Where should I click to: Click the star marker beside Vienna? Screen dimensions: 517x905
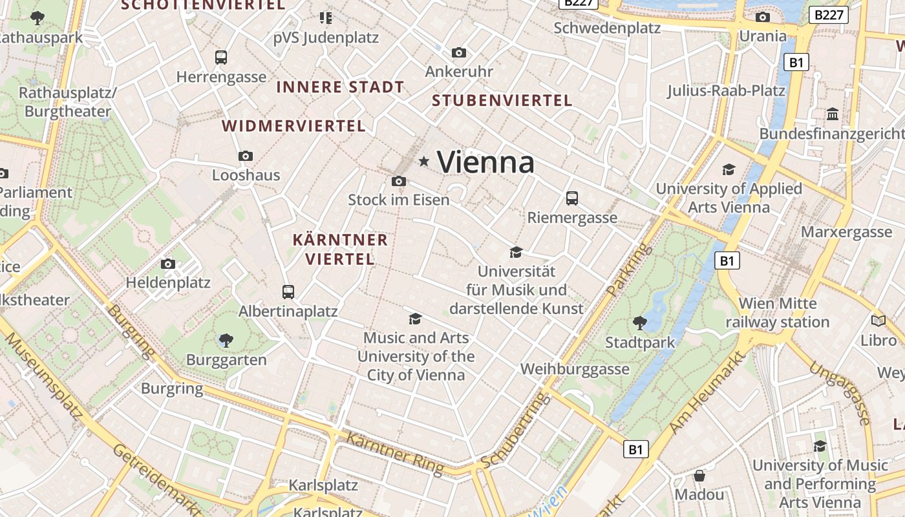[x=424, y=161]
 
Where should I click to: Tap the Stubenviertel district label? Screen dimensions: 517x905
[x=502, y=100]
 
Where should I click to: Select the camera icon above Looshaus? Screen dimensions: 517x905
[x=246, y=156]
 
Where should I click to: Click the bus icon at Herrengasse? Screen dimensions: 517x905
[x=221, y=57]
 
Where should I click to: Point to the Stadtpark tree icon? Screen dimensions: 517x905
[x=640, y=322]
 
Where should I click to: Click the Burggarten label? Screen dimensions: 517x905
[x=226, y=360]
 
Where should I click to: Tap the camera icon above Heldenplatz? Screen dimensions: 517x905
[x=168, y=264]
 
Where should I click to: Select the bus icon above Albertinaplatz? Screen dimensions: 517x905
[x=288, y=292]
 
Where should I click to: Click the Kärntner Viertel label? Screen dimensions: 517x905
[x=340, y=249]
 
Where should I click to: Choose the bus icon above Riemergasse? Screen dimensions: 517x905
[x=572, y=198]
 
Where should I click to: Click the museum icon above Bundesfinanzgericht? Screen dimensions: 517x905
[x=833, y=114]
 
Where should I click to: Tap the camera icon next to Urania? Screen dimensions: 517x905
[x=763, y=17]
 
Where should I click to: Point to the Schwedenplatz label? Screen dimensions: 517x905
[x=607, y=28]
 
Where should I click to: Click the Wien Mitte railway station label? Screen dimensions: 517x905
[x=777, y=313]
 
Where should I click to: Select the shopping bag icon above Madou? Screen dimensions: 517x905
[x=699, y=476]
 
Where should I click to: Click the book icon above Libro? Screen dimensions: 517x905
[x=878, y=321]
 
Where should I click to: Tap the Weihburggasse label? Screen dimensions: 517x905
[x=575, y=369]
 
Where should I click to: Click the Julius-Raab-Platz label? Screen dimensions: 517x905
[x=726, y=90]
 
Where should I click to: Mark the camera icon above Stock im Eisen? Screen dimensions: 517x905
[x=399, y=181]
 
